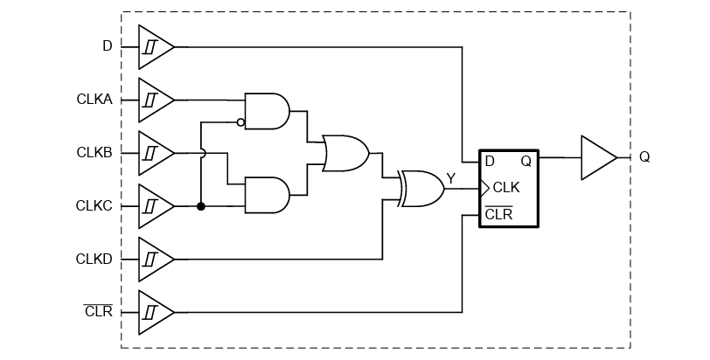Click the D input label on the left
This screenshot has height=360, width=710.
click(x=107, y=46)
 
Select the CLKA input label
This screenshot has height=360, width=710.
click(x=94, y=100)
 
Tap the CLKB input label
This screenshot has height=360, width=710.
click(x=94, y=153)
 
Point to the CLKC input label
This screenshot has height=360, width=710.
click(x=94, y=206)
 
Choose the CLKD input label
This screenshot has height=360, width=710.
click(x=94, y=260)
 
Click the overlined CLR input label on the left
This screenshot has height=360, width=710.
click(x=98, y=312)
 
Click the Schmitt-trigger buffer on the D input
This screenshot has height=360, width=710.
click(x=154, y=46)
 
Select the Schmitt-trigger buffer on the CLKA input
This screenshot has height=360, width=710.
click(x=154, y=100)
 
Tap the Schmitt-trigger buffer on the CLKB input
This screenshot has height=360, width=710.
click(x=154, y=153)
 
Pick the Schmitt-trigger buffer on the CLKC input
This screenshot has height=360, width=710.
click(x=154, y=206)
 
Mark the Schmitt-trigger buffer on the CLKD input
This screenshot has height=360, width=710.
click(x=154, y=260)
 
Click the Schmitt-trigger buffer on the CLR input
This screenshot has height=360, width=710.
click(x=154, y=312)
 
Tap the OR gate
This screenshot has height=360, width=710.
click(x=345, y=153)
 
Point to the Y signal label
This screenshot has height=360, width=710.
click(x=451, y=178)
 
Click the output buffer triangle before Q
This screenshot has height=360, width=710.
click(x=596, y=157)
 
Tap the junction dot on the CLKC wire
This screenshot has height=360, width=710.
click(x=201, y=206)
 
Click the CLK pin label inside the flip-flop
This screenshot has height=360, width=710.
click(x=506, y=188)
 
